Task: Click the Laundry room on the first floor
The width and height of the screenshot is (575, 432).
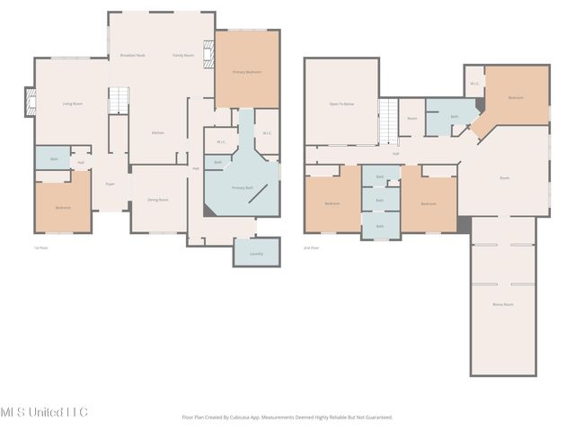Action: pyautogui.click(x=255, y=255)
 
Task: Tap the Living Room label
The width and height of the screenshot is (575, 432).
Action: pyautogui.click(x=72, y=103)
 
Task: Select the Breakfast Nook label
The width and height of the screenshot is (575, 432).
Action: pyautogui.click(x=133, y=56)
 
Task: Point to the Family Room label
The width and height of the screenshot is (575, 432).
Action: pyautogui.click(x=183, y=56)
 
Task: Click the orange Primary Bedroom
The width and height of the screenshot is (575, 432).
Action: pyautogui.click(x=247, y=71)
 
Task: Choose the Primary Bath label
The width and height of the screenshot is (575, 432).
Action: pyautogui.click(x=243, y=187)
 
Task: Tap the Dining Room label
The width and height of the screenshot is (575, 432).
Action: pyautogui.click(x=157, y=199)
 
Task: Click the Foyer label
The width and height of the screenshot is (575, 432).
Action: pyautogui.click(x=110, y=184)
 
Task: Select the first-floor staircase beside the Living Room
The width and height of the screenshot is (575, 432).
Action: pyautogui.click(x=119, y=101)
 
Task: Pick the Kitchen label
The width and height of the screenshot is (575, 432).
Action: pyautogui.click(x=157, y=132)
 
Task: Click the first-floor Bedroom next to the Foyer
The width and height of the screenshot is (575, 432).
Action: pyautogui.click(x=63, y=208)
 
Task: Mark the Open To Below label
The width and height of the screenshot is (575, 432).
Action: pyautogui.click(x=341, y=103)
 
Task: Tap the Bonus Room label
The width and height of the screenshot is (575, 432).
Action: pyautogui.click(x=503, y=304)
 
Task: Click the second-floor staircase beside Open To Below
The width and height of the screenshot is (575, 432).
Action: pyautogui.click(x=387, y=121)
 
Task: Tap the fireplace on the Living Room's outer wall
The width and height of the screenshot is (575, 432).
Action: pyautogui.click(x=30, y=103)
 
